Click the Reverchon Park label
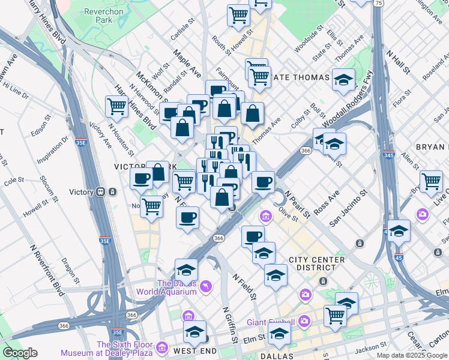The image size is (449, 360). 98,16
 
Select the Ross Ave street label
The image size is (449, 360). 327,203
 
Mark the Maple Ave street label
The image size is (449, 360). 187,64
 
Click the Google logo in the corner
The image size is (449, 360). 20,353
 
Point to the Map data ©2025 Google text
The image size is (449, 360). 412,355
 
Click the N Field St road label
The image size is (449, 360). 244,287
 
